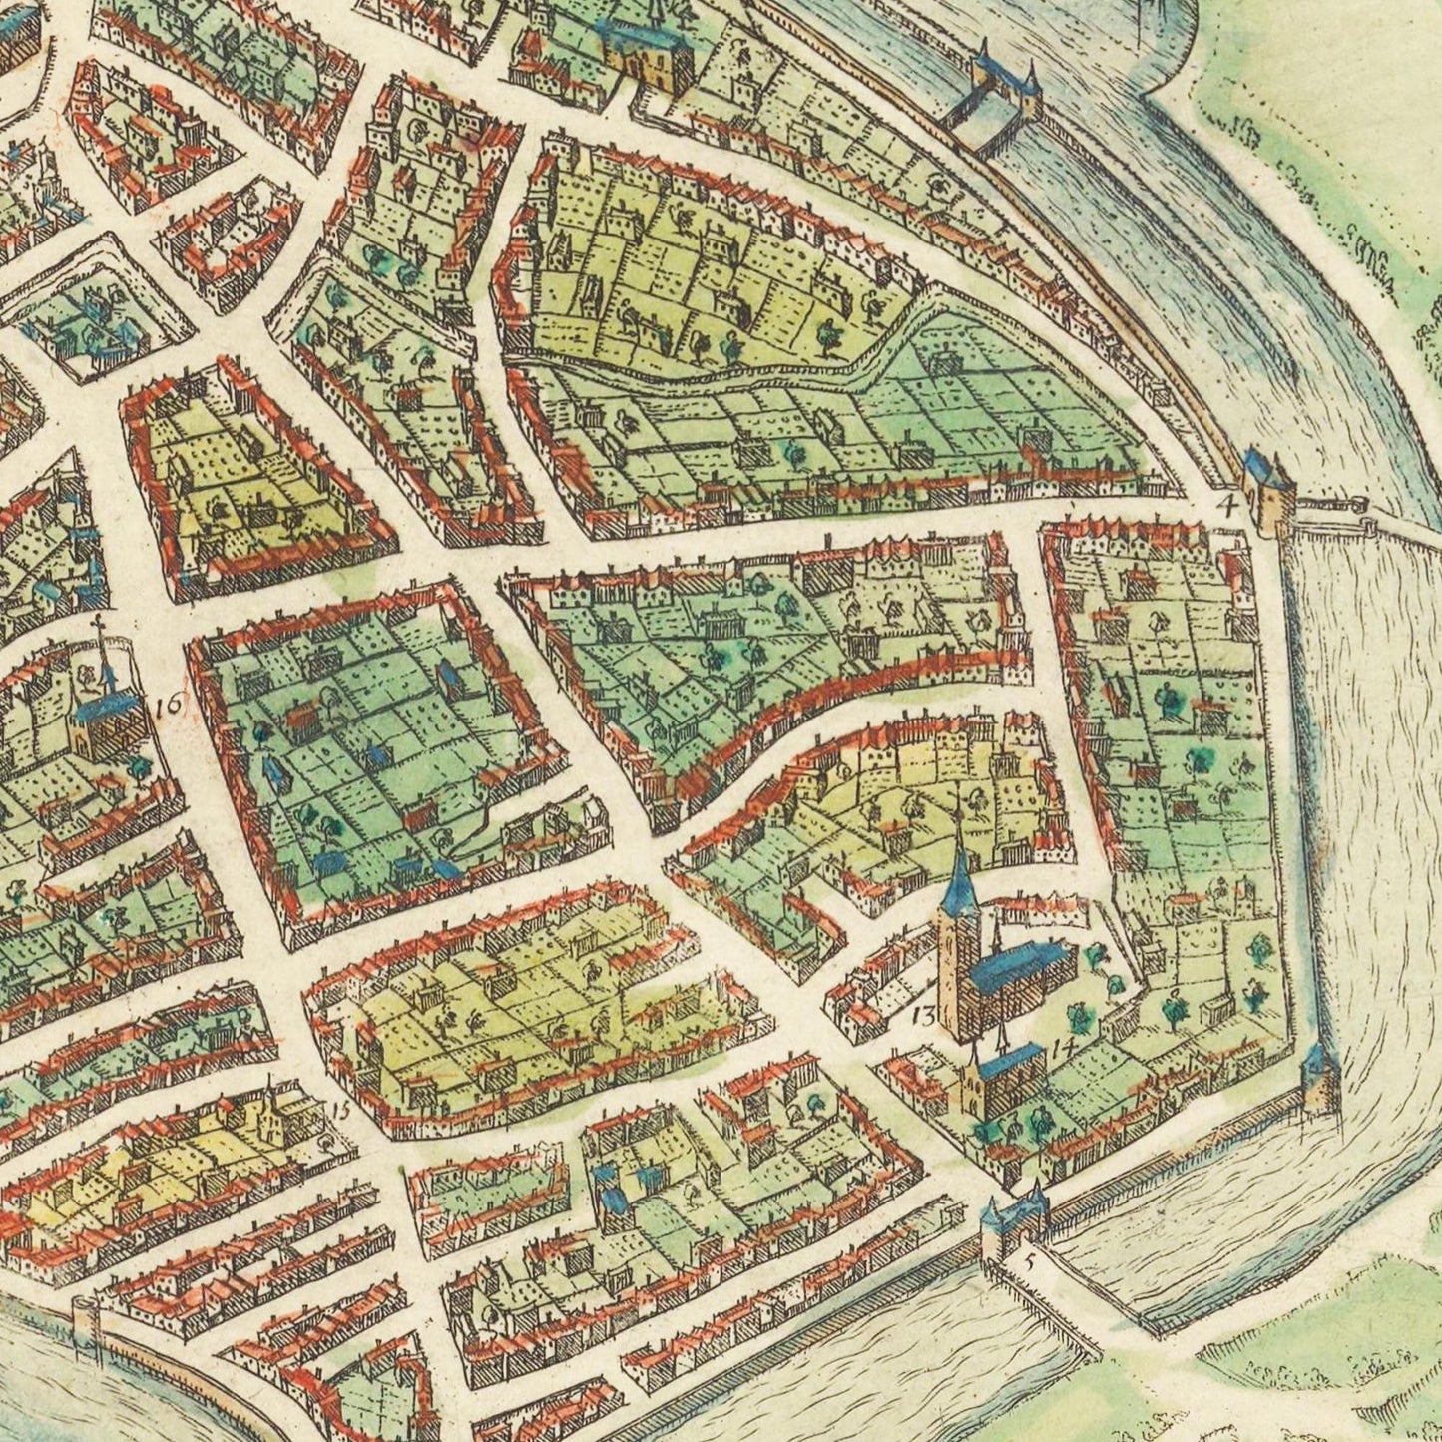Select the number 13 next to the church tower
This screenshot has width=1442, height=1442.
pos(924,1016)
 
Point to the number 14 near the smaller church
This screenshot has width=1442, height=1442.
pos(1060,1047)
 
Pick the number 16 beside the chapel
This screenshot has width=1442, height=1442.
pos(169,706)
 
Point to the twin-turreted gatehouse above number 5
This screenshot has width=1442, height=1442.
pos(1010,1219)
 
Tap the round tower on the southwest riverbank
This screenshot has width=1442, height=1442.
pos(84,1312)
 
